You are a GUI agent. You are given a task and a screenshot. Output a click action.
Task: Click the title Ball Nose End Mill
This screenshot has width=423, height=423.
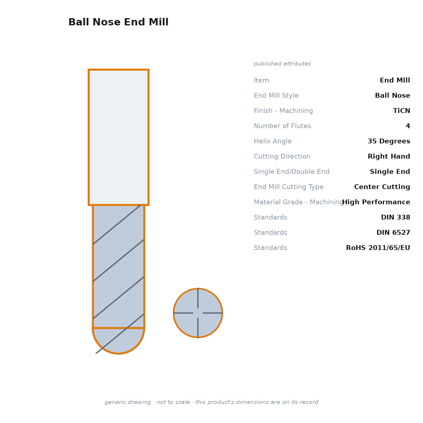pyautogui.click(x=118, y=22)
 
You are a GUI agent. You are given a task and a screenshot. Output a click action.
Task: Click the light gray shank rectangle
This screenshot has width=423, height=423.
pyautogui.click(x=118, y=137)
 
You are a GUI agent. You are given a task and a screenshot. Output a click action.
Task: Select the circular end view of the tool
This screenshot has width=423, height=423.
pyautogui.click(x=198, y=313)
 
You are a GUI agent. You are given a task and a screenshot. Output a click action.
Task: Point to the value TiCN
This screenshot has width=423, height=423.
pyautogui.click(x=402, y=111)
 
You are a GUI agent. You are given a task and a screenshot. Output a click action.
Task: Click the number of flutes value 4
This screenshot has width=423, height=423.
pyautogui.click(x=408, y=126)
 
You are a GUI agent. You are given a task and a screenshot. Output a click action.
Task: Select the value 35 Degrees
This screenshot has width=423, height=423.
pyautogui.click(x=389, y=141)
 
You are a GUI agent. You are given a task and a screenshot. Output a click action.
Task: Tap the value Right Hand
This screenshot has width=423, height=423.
pyautogui.click(x=389, y=156)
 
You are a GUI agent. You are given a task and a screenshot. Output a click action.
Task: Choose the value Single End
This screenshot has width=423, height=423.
pyautogui.click(x=390, y=171)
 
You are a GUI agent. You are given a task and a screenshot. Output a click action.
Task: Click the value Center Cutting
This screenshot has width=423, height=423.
pyautogui.click(x=382, y=187)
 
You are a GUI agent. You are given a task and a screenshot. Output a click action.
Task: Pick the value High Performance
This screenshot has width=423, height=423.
pyautogui.click(x=376, y=202)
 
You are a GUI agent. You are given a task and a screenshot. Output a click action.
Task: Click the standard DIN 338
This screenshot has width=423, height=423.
pyautogui.click(x=396, y=217)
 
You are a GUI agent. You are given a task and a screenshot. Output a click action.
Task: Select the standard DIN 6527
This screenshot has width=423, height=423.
pyautogui.click(x=393, y=232)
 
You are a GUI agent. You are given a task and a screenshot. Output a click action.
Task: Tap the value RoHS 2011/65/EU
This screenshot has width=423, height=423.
pyautogui.click(x=378, y=248)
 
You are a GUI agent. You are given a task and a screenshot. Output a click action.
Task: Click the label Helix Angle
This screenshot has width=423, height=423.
pyautogui.click(x=273, y=141)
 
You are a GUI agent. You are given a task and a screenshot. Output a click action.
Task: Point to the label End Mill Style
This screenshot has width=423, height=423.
pyautogui.click(x=276, y=95)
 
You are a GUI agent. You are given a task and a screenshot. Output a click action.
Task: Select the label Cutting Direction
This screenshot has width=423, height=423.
pyautogui.click(x=282, y=156)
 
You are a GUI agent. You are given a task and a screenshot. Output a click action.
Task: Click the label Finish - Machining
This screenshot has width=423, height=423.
pyautogui.click(x=283, y=111)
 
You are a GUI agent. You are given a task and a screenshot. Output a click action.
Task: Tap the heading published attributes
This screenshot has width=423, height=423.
pyautogui.click(x=282, y=64)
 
